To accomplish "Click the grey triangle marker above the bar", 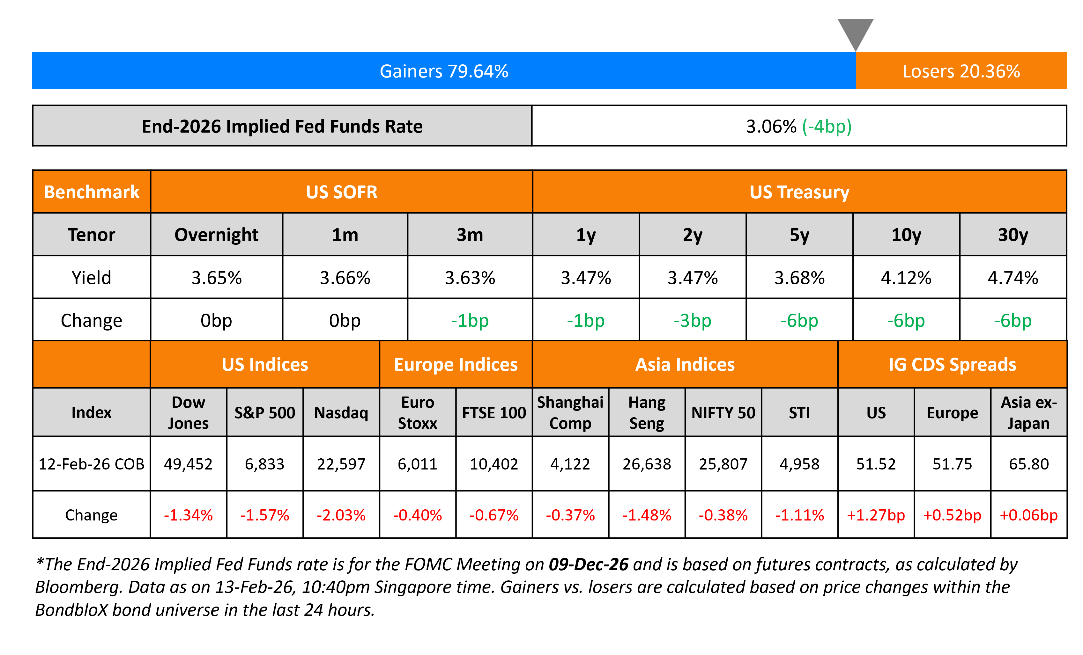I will point(855,33).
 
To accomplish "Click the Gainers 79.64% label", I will point(444,71).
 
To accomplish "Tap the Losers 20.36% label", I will point(961,71).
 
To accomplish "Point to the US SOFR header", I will point(342,192).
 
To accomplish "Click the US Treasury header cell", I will point(799,192).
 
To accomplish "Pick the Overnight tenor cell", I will point(216,235).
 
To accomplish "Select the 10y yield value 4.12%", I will point(906,278).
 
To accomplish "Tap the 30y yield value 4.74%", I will point(1013,278).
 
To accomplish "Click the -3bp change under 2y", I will point(692,321).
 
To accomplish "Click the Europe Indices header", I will point(456,365).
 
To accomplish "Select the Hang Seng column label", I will point(647,412).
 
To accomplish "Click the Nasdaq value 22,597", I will point(341,464).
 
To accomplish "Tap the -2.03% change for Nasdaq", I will point(341,515).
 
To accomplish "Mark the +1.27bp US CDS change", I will point(876,515).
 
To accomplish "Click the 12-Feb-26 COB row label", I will point(92,464).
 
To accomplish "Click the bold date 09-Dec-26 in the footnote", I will point(588,564).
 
